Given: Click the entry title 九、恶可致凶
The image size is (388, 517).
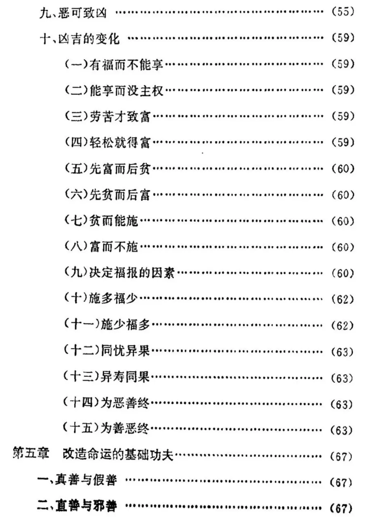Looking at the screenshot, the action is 73,13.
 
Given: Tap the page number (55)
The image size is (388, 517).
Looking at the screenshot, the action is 343,11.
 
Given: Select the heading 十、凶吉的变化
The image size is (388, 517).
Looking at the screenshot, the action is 79,38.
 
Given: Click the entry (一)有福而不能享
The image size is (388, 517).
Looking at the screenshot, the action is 114,64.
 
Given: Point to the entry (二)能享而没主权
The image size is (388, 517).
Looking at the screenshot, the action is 114,91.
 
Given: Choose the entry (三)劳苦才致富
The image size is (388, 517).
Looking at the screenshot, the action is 107,117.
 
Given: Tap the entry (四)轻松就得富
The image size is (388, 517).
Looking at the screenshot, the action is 107,143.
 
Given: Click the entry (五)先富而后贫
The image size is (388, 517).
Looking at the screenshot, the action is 107,169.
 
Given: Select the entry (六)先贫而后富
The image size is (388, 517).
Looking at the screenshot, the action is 107,195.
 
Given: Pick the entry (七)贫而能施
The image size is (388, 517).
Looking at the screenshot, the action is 101,221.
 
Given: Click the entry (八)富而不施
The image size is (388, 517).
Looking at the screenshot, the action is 101,247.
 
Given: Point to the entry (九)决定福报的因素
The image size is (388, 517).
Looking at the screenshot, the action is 119,273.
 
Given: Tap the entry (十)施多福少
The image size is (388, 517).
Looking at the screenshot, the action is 101,299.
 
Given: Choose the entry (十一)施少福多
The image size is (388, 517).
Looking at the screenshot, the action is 107,325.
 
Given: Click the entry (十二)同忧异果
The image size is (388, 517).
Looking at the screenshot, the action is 107,351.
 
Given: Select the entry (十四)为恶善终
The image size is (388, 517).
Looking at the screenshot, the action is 107,403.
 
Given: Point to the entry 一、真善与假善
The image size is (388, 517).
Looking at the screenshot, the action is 77,480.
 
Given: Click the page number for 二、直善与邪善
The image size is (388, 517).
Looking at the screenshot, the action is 341,508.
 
